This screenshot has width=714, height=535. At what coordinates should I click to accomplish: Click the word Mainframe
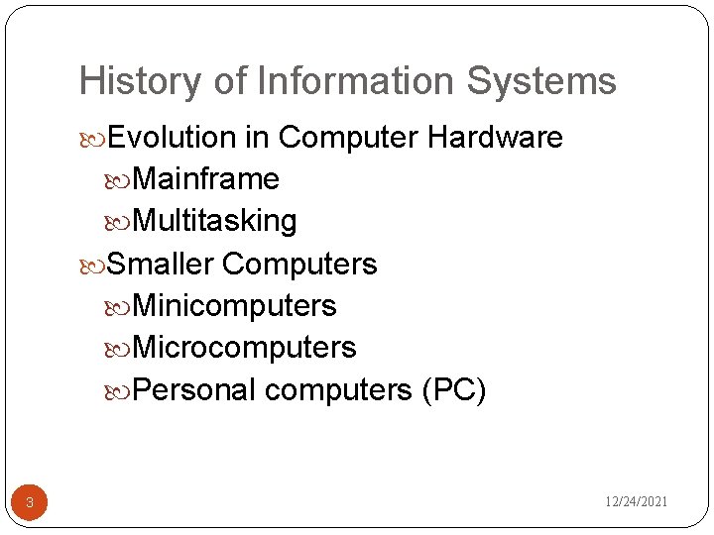205,179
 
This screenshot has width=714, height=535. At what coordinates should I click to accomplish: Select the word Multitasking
214,221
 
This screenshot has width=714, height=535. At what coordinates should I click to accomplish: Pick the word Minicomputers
234,306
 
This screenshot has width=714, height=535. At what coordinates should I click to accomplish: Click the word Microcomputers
244,348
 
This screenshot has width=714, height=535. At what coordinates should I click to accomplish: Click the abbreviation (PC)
453,390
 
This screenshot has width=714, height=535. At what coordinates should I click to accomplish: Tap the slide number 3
30,503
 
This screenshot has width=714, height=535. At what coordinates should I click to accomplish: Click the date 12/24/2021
637,502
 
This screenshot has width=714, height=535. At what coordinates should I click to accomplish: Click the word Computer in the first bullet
349,137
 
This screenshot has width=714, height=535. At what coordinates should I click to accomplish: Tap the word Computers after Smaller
300,265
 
